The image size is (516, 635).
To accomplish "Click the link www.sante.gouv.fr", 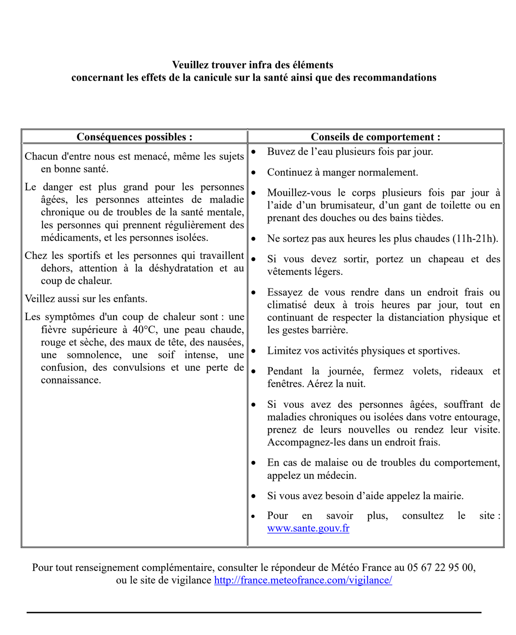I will [308, 528].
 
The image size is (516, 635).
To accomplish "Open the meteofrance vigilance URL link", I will [303, 580].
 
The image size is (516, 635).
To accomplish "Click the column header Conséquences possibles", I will [134, 137].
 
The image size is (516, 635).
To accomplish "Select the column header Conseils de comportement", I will [375, 137].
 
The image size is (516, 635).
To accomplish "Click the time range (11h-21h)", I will [475, 239].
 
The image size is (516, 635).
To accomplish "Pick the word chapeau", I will [446, 259].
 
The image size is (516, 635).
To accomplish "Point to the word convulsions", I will [139, 367].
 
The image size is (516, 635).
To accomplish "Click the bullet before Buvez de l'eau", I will [254, 152].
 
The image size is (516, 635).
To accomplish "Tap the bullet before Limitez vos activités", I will [254, 351].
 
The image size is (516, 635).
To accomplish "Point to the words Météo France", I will [361, 567].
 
